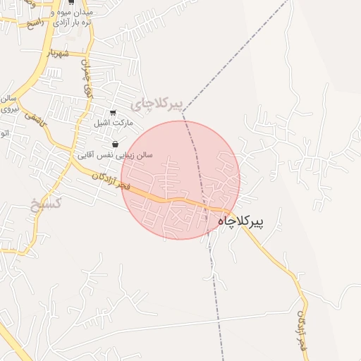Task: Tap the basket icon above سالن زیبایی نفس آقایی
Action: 116,144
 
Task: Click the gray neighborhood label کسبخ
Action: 47,204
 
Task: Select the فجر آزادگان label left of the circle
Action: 110,180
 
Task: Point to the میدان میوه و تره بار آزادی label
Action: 71,18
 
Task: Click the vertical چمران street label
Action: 86,81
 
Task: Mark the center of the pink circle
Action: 180,180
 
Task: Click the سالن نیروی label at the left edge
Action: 8,104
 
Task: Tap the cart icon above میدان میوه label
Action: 71,3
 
